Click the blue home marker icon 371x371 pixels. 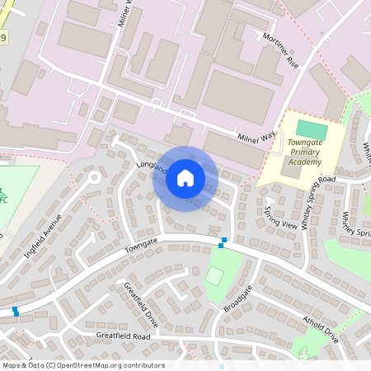(x=185, y=178)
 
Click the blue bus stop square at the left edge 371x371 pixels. (x=15, y=311)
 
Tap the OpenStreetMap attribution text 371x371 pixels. (x=82, y=365)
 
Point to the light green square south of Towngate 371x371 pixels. (x=214, y=276)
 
